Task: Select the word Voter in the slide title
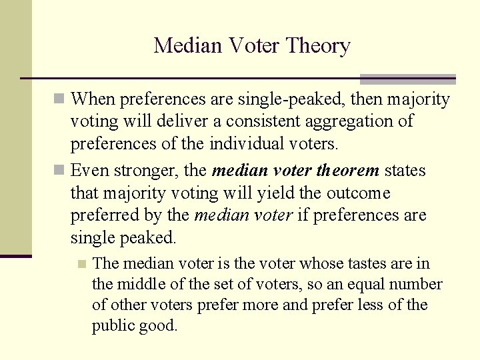tap(247, 46)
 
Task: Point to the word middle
tap(148, 285)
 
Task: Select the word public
tap(112, 326)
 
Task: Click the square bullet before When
tap(59, 100)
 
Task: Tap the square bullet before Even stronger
tap(59, 171)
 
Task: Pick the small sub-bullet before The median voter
tap(82, 264)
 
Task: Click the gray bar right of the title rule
tap(407, 78)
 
